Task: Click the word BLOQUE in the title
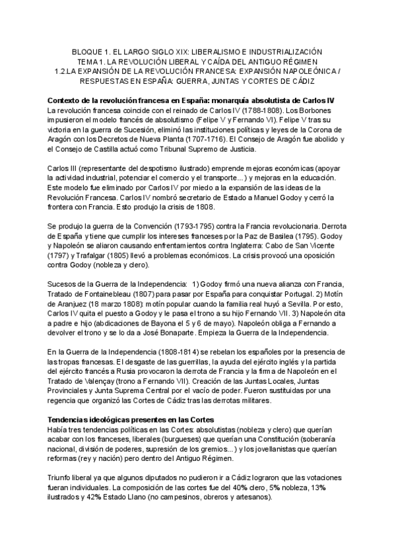tap(87, 51)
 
